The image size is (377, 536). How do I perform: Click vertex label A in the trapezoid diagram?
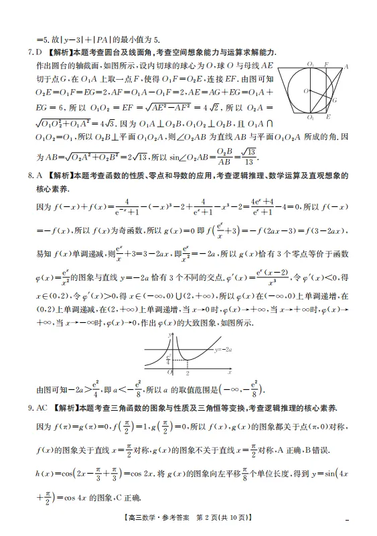point(346,66)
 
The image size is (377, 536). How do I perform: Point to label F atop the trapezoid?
point(326,64)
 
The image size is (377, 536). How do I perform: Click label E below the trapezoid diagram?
point(328,117)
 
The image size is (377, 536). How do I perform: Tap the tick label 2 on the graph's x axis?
point(187,374)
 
